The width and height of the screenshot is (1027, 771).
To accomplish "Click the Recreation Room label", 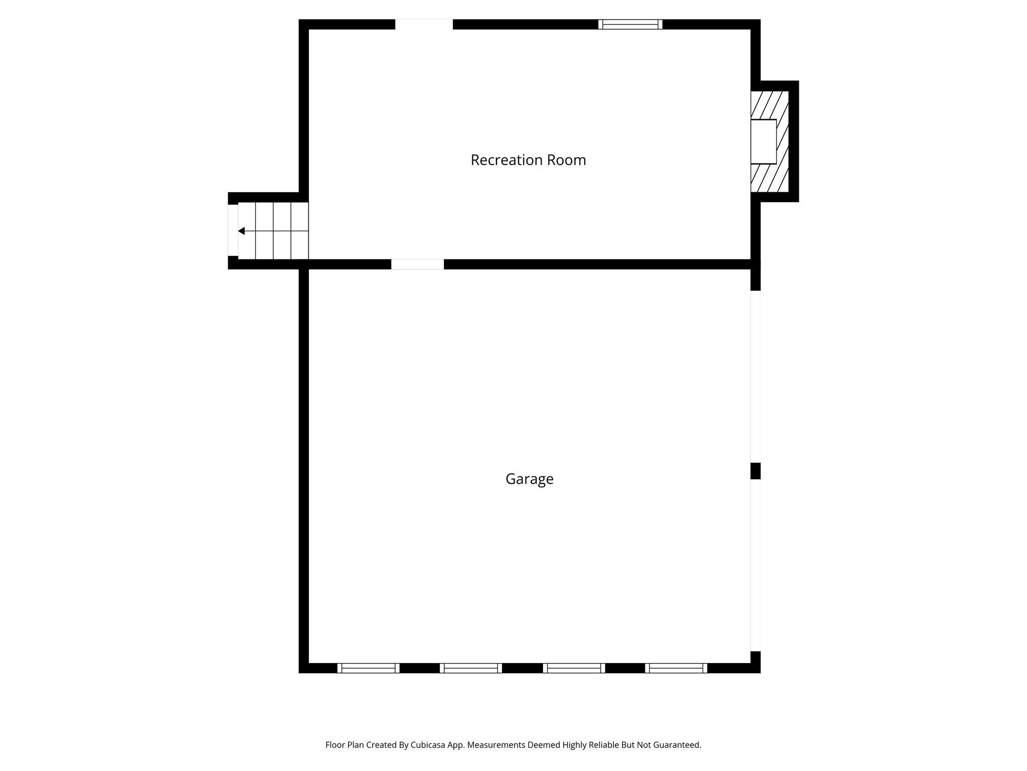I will pyautogui.click(x=528, y=160).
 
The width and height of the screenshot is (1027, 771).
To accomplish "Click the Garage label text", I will pyautogui.click(x=529, y=479).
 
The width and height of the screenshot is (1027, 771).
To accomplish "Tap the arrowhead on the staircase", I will pyautogui.click(x=241, y=231).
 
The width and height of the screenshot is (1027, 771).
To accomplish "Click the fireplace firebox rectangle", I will pyautogui.click(x=763, y=142).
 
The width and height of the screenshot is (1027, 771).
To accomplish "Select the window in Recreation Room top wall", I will pyautogui.click(x=630, y=25).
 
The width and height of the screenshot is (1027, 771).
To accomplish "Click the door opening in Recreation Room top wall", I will pyautogui.click(x=424, y=25).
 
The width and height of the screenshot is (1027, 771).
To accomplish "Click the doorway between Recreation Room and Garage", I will pyautogui.click(x=417, y=264).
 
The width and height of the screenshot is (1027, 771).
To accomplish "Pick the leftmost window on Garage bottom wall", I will pyautogui.click(x=368, y=668).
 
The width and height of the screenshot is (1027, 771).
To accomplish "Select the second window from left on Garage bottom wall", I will pyautogui.click(x=471, y=668).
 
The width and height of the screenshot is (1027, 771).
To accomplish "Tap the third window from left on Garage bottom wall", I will pyautogui.click(x=574, y=668).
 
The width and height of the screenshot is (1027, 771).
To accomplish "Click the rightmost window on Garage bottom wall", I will pyautogui.click(x=676, y=668).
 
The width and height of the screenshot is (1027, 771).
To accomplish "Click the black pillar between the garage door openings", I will pyautogui.click(x=755, y=471).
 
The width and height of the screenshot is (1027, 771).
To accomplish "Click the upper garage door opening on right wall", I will pyautogui.click(x=755, y=376).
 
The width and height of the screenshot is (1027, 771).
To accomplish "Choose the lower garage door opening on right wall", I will pyautogui.click(x=755, y=565).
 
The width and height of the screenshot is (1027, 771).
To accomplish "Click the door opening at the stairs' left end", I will pyautogui.click(x=233, y=230).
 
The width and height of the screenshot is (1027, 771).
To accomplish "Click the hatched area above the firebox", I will pyautogui.click(x=770, y=104).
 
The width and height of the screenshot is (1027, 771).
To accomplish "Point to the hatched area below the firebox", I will pyautogui.click(x=770, y=178).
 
